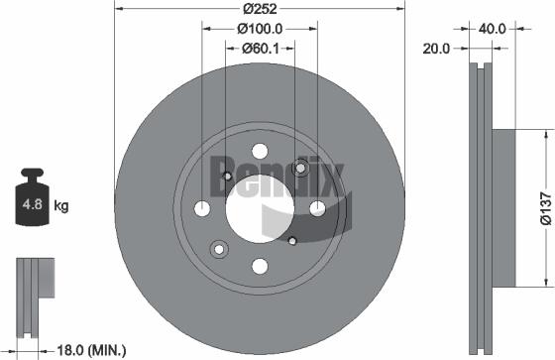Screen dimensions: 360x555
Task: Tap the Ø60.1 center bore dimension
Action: [x=261, y=49]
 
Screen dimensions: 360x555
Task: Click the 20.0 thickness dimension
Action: [x=437, y=47]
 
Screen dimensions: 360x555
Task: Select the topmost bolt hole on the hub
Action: [x=260, y=151]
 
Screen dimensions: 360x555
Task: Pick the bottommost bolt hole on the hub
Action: [x=260, y=266]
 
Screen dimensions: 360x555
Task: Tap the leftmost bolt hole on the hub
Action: [x=202, y=208]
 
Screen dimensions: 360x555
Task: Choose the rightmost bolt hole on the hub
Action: [x=317, y=208]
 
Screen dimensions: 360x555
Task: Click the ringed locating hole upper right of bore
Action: [x=302, y=169]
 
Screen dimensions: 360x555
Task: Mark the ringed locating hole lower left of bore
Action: [x=218, y=248]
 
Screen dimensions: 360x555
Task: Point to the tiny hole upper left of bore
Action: [x=227, y=177]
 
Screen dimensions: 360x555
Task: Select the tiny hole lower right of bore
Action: [x=292, y=241]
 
